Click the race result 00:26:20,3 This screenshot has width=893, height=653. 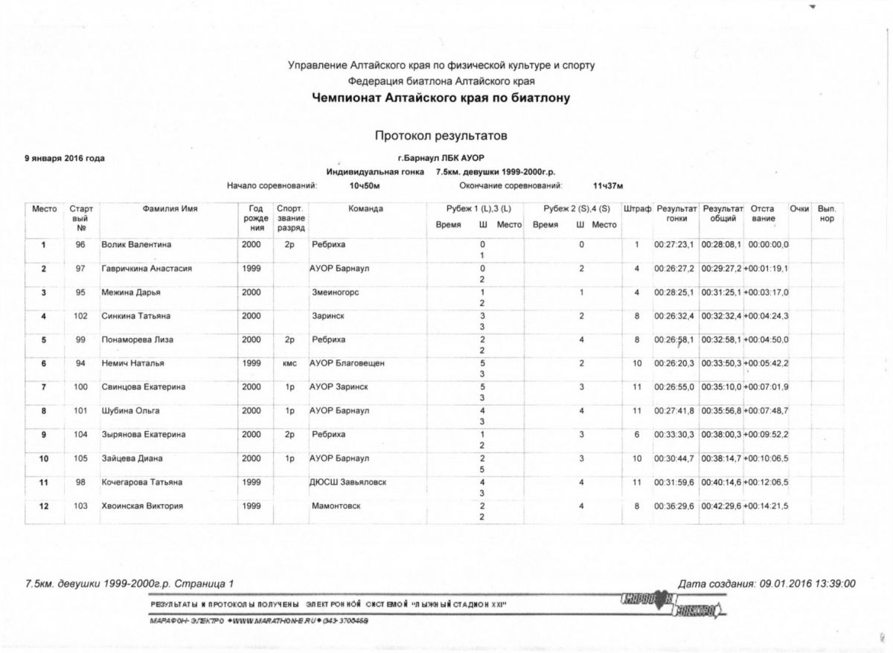[674, 363]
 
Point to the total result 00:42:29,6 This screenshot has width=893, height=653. [723, 506]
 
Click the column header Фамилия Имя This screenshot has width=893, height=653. [170, 209]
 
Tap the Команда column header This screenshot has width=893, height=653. [365, 209]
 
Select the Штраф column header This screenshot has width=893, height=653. [637, 209]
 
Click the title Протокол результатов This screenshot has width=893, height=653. [441, 136]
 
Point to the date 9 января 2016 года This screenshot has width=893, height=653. [65, 158]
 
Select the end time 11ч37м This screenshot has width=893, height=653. [607, 185]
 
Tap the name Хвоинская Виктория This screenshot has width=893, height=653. [142, 506]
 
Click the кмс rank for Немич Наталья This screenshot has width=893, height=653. [289, 363]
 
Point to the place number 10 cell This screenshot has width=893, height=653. [44, 459]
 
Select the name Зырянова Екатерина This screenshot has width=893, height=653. [144, 435]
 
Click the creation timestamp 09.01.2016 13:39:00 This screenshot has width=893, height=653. [811, 584]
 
